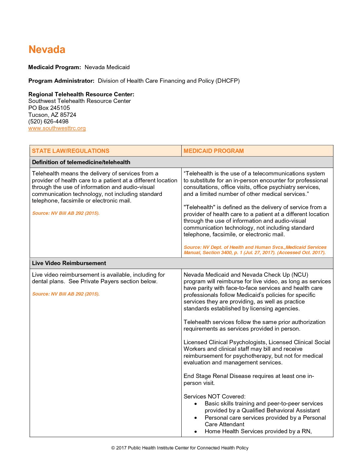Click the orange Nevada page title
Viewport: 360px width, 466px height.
click(47, 49)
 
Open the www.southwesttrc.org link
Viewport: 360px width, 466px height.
click(57, 128)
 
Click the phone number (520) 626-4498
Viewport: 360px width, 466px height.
click(48, 121)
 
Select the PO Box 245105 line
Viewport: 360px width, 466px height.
click(49, 108)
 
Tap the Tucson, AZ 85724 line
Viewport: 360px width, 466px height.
click(52, 115)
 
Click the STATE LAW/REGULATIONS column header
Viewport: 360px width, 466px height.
click(70, 151)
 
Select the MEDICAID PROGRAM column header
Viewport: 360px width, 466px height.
click(213, 151)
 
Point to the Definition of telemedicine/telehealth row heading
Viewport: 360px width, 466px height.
click(81, 162)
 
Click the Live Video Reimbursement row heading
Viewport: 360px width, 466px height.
click(69, 263)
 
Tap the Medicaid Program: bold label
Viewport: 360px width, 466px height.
click(55, 67)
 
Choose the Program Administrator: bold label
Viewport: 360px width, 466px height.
click(61, 81)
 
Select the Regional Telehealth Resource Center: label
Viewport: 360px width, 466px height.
click(81, 94)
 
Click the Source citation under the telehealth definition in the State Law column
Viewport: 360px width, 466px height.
click(66, 213)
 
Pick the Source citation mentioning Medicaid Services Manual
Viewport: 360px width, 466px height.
click(255, 250)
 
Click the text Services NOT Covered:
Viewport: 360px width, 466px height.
click(214, 396)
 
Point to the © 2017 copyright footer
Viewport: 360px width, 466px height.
click(180, 448)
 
